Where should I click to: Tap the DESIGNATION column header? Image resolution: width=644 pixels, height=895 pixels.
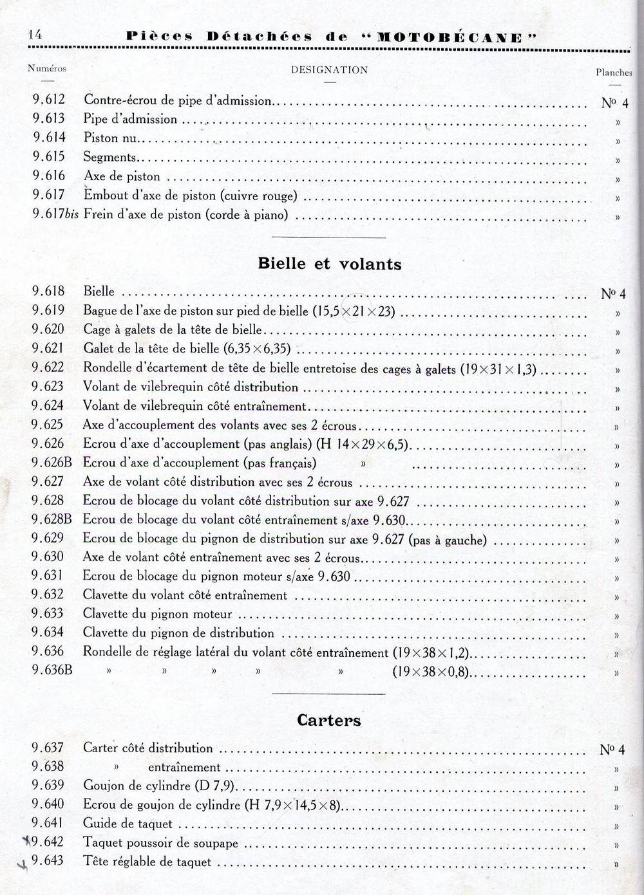(329, 70)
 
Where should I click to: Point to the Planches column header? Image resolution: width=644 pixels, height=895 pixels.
(614, 73)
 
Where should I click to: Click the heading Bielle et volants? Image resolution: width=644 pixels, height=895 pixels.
(329, 264)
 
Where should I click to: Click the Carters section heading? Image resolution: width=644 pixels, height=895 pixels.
(329, 720)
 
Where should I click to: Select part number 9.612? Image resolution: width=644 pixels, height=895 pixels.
(49, 100)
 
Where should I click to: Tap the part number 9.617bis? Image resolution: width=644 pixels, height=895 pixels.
(55, 215)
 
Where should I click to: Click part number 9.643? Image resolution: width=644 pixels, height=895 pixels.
(48, 860)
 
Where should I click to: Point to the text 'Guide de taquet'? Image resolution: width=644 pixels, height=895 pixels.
(128, 824)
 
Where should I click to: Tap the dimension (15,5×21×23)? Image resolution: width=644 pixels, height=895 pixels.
(354, 311)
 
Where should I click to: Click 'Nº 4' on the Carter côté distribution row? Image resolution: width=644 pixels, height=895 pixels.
(612, 749)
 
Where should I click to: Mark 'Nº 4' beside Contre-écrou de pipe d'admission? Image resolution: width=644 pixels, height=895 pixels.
(614, 103)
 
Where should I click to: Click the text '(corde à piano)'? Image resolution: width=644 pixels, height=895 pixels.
(247, 216)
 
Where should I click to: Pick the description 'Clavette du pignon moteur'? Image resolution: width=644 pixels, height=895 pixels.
(157, 614)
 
